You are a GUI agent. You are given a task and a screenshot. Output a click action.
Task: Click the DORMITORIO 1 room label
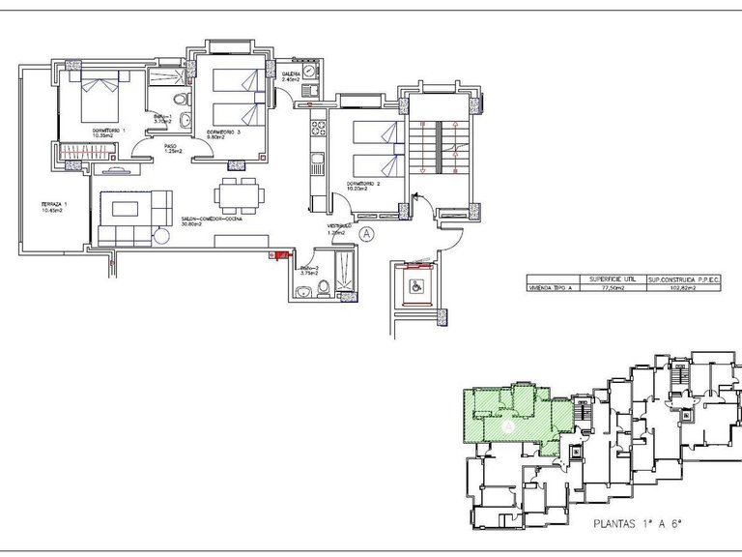(109, 130)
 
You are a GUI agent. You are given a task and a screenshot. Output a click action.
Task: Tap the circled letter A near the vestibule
(366, 232)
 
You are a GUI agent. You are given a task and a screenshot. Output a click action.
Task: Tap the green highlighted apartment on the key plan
(507, 416)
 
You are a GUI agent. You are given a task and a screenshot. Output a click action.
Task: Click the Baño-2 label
(310, 269)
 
